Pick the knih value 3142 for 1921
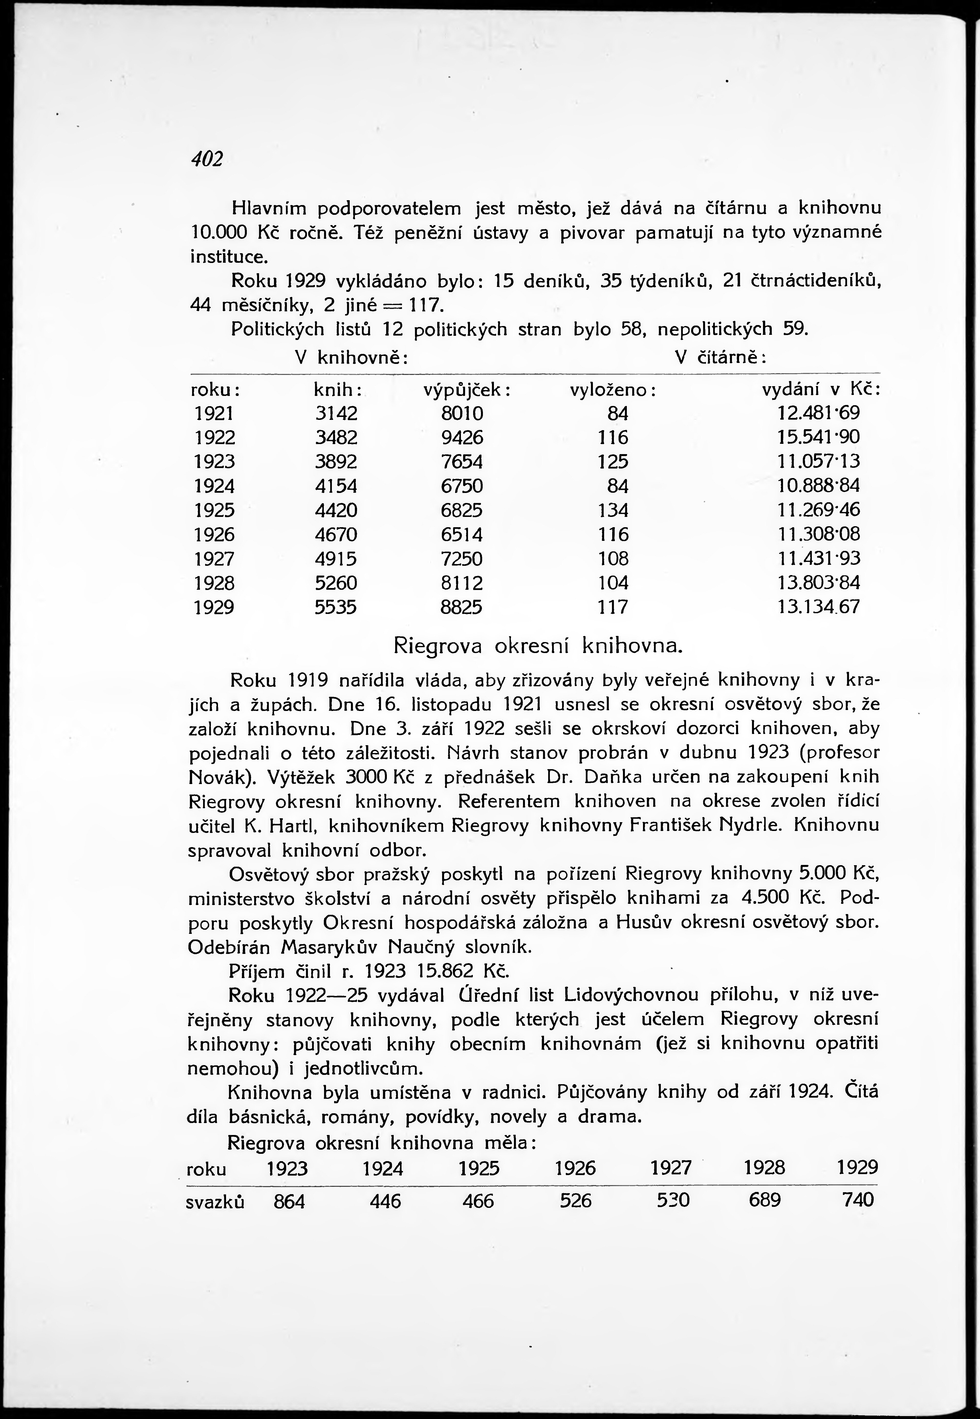336,413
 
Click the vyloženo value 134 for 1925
613,510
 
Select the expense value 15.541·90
818,437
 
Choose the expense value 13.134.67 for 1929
818,607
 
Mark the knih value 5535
336,607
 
